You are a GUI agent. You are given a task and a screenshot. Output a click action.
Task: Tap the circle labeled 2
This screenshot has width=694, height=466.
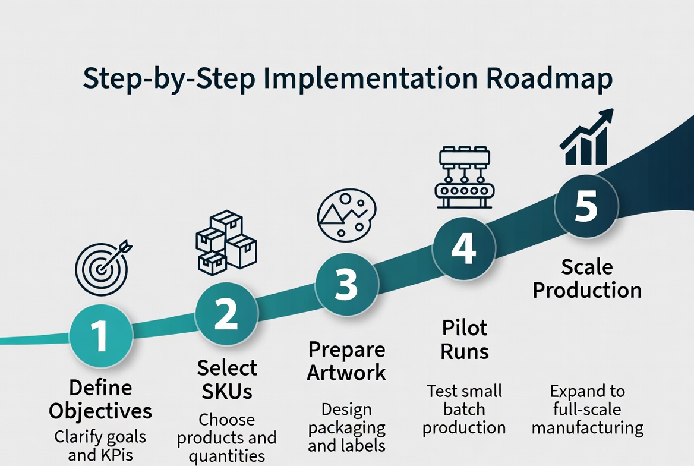coord(226,315)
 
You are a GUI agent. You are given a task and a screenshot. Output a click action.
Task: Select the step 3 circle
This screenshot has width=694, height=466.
coord(346,284)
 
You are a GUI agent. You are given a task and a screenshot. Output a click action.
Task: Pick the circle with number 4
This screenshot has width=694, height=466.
coord(463,248)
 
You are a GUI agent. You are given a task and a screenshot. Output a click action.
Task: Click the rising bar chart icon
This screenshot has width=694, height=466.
coord(586,138)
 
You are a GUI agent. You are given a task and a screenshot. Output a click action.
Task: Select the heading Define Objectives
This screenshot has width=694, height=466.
coord(100,399)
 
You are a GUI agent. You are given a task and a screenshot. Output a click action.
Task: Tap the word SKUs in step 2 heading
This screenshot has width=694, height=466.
coord(226,391)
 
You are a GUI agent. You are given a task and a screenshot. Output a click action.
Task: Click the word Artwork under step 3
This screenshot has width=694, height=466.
coord(347,373)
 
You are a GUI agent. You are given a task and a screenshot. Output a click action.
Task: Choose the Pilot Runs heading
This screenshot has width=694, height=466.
coord(465,339)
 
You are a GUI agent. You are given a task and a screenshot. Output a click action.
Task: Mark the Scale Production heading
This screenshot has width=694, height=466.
coord(587,278)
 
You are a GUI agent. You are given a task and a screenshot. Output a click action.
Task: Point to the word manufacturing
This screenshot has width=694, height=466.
coord(587,427)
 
